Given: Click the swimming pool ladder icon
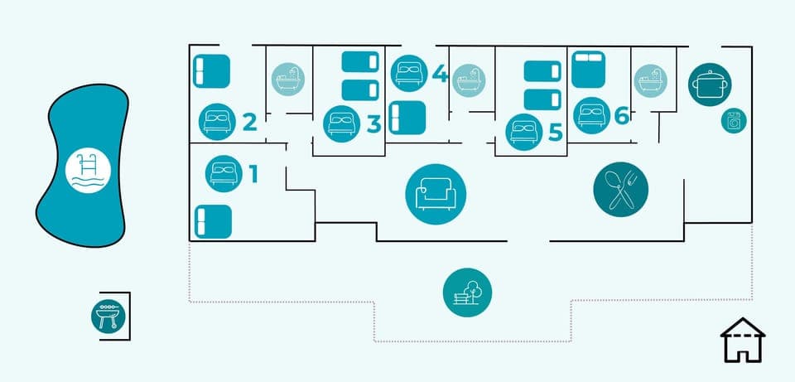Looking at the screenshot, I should click(x=89, y=172).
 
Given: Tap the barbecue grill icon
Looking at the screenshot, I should click(x=108, y=316).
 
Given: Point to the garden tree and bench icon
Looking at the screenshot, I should click(x=467, y=292).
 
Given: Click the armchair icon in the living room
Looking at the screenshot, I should click(x=436, y=194).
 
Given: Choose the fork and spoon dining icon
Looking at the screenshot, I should click(x=620, y=189).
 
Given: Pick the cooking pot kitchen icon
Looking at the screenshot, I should click(x=710, y=85).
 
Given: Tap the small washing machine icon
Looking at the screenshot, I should click(x=733, y=121).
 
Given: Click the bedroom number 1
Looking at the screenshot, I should click(x=253, y=173).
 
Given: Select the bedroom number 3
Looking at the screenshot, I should click(x=373, y=123).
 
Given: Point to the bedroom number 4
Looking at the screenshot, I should click(x=440, y=75).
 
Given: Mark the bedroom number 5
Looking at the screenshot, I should click(x=555, y=131).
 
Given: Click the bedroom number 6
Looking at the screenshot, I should click(x=622, y=116).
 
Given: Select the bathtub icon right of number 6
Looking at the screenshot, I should click(x=651, y=81).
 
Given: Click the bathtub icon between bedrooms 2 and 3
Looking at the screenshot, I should click(x=289, y=80).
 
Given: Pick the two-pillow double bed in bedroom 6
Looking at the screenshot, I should click(x=589, y=68).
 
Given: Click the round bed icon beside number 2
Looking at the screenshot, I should click(x=217, y=122).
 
